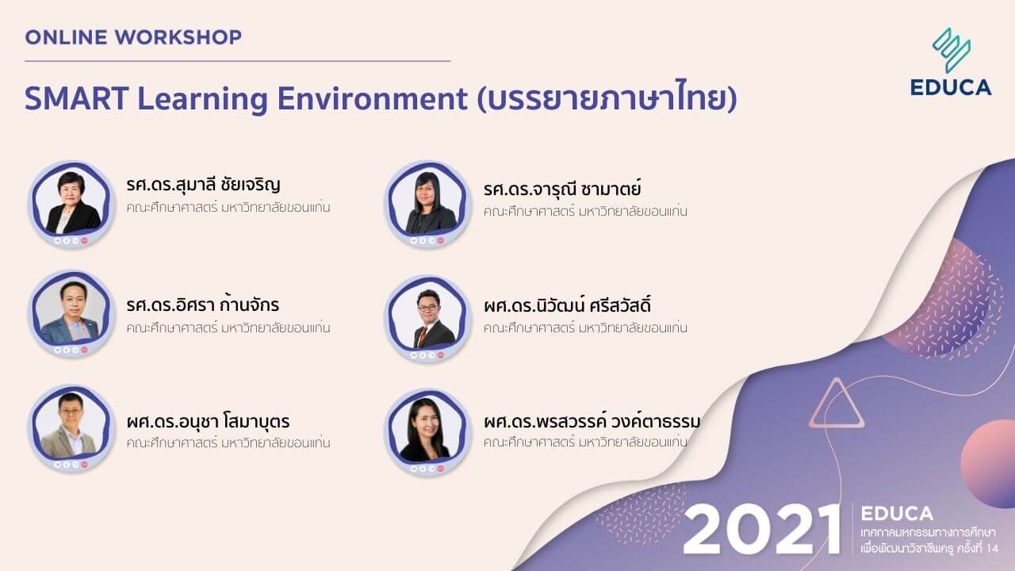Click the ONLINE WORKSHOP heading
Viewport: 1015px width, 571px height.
pos(132,36)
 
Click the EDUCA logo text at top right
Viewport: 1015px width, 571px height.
pos(951,87)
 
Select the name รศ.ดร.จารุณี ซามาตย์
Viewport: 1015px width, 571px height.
pos(561,189)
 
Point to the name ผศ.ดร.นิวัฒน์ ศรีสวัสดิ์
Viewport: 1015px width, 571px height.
pos(567,305)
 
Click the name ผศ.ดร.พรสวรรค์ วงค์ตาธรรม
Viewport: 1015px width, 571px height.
pos(592,421)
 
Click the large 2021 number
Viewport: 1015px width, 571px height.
pos(761,529)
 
